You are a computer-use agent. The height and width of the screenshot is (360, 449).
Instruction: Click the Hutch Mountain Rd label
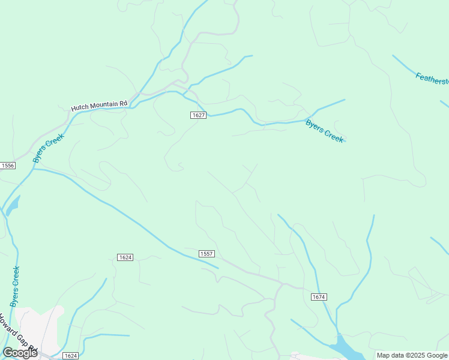coord(99,106)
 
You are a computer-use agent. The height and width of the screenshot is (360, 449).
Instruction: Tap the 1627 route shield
coord(199,115)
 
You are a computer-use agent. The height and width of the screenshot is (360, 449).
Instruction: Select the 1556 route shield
coord(7,165)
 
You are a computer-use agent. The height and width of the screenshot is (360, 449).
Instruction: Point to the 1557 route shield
coord(206,254)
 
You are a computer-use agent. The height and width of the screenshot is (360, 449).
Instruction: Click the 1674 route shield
coord(319,297)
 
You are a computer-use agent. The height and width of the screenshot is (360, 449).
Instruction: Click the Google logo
coord(20,353)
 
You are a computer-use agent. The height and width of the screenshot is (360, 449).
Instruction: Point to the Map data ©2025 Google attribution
coord(412,355)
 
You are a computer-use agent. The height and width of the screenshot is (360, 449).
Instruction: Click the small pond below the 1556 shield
coord(13,206)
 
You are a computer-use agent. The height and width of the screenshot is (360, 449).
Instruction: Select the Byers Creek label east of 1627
coord(325,131)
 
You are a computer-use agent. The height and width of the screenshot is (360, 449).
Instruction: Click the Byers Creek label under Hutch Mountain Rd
coord(48,148)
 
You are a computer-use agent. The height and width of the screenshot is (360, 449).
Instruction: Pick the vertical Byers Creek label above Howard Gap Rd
coord(16,287)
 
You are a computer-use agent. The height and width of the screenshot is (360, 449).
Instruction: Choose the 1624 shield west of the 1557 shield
coord(125,257)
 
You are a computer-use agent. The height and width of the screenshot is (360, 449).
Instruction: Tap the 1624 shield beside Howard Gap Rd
coord(70,356)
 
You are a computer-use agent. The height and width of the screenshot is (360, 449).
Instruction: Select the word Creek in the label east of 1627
coord(334,136)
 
